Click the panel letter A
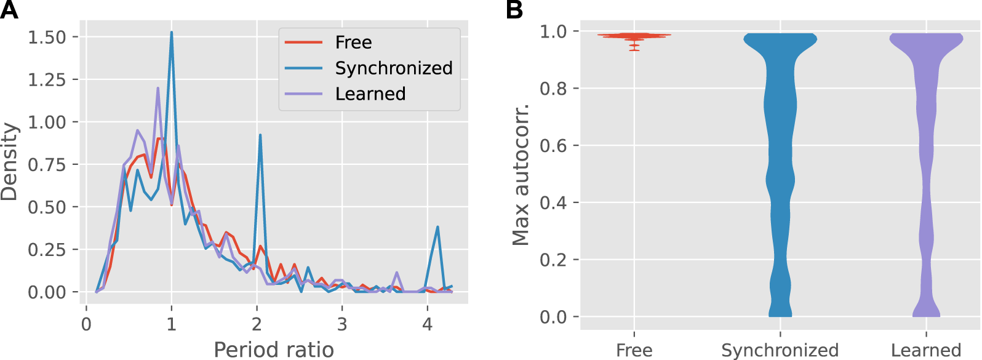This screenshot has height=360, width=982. click(9, 10)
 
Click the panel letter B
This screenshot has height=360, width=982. click(514, 10)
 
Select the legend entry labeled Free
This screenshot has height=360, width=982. click(353, 42)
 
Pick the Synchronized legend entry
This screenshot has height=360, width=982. click(393, 68)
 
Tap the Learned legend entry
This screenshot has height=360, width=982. click(370, 94)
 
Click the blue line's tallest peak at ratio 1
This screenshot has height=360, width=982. click(171, 33)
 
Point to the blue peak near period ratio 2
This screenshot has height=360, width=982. click(260, 135)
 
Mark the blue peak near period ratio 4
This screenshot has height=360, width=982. click(437, 227)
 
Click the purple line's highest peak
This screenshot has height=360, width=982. click(158, 88)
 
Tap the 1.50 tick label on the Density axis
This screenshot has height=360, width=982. click(47, 37)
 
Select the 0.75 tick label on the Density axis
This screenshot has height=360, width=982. click(47, 165)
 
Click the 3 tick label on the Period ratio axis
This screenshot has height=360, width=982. click(341, 324)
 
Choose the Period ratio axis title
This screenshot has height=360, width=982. click(273, 350)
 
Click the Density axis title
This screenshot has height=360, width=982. click(9, 162)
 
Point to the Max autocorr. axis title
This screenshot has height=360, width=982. click(521, 175)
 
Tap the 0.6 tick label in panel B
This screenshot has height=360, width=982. click(553, 146)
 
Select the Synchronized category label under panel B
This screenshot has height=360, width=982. click(780, 350)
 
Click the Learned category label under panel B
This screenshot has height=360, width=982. click(925, 350)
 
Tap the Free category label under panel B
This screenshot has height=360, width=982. click(634, 350)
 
